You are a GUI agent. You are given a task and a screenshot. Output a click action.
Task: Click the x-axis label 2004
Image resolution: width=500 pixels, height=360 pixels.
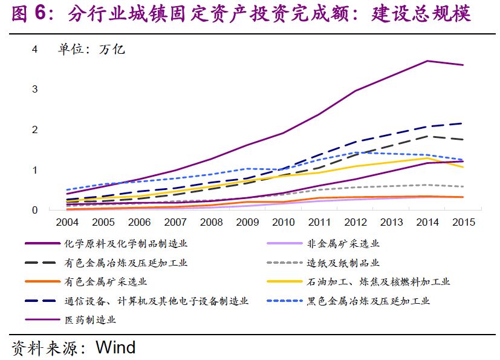pos(67,222)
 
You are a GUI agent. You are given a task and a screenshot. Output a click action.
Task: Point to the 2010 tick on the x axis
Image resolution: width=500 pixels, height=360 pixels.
pos(283,222)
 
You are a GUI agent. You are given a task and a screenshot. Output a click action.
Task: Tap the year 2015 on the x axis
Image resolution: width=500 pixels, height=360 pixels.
pos(463,222)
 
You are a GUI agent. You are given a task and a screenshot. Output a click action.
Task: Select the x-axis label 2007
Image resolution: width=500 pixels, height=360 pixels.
pos(175,222)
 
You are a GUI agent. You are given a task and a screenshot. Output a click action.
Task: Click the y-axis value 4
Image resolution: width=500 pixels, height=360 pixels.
pos(35,49)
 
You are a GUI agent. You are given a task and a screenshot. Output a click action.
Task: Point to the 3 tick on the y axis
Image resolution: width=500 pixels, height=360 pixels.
pos(35,90)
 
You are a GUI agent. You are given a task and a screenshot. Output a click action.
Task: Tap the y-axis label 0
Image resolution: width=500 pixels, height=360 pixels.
pos(35,210)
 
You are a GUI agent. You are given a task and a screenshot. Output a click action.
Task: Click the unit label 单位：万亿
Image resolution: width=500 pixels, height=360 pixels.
pos(91,50)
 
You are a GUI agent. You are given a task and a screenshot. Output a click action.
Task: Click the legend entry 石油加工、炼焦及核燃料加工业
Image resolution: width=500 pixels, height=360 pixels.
pos(378,281)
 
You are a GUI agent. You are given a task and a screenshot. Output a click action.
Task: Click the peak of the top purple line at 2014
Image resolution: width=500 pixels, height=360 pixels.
pos(427,61)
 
